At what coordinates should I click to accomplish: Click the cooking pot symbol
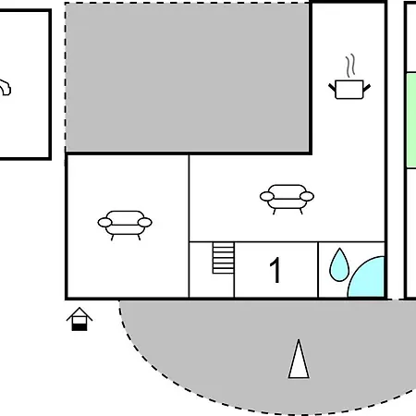349,90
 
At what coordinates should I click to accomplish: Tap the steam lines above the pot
350,66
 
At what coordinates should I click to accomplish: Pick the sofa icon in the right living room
287,199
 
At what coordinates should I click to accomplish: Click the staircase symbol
224,258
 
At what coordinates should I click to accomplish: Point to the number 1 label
275,270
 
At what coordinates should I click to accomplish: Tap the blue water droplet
339,266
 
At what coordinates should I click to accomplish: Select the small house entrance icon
80,319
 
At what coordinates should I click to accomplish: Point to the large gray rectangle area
188,77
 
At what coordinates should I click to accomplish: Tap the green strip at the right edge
411,120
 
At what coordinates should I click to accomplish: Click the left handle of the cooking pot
332,87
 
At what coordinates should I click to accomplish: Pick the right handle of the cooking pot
367,88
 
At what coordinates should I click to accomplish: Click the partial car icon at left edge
5,88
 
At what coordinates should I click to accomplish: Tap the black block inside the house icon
80,327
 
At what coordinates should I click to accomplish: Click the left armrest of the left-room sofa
104,222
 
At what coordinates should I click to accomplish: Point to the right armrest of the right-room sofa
307,196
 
